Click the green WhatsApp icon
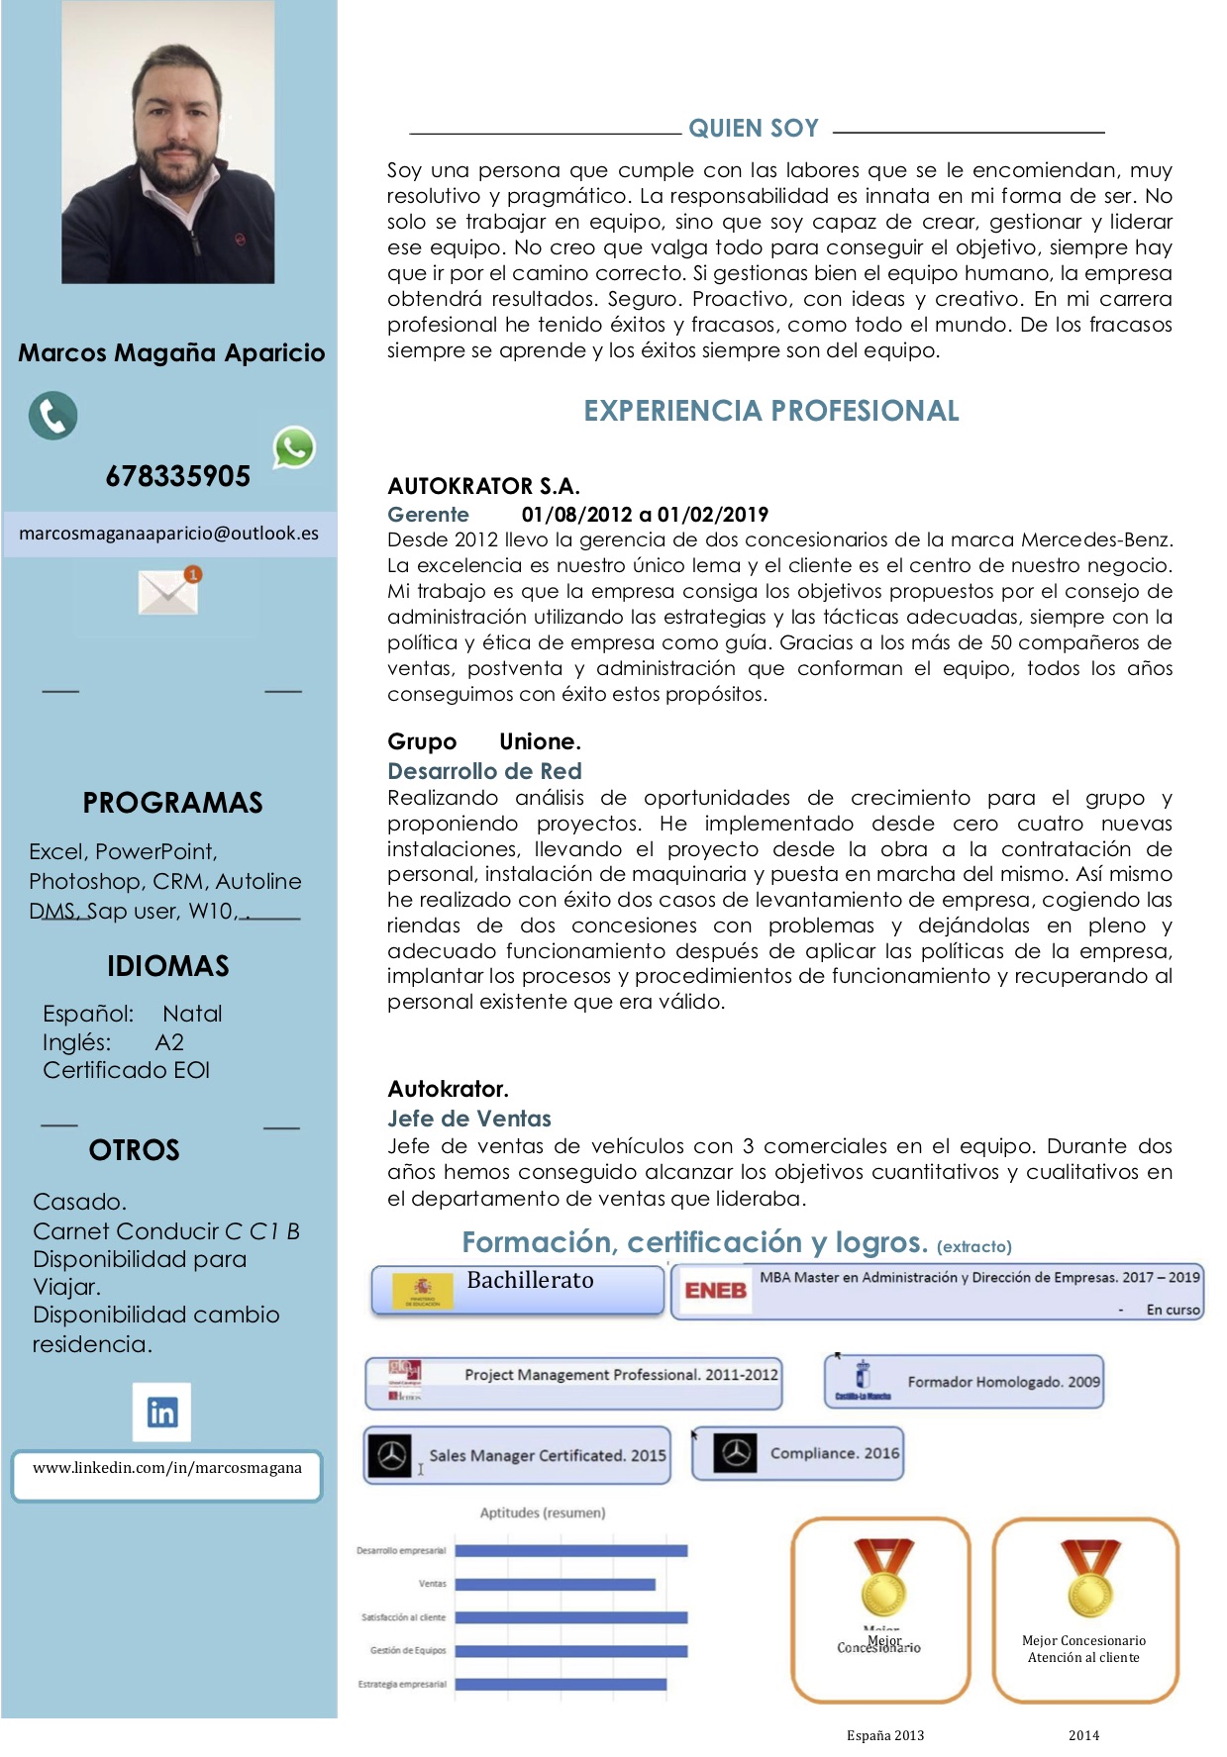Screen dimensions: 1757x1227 coord(294,447)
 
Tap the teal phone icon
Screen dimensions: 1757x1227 coord(52,416)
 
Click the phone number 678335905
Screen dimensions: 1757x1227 coord(178,476)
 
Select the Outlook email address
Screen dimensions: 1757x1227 coord(168,534)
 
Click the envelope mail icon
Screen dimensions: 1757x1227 coord(168,591)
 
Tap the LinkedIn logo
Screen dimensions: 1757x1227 coord(161,1412)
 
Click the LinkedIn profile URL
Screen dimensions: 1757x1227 coord(167,1468)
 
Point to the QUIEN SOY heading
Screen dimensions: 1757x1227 coord(754,129)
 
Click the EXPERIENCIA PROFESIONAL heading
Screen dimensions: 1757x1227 coord(770,411)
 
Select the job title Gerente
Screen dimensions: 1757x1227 coord(428,515)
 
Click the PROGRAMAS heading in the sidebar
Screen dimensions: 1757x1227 coord(172,803)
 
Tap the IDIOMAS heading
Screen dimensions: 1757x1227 coord(168,966)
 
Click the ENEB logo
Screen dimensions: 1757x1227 coord(715,1291)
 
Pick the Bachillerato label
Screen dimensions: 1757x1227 coord(530,1280)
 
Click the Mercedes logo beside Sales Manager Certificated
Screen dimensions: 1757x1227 coord(392,1456)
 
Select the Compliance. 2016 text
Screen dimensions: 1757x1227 coord(835,1453)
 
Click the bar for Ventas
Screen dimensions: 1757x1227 coord(555,1585)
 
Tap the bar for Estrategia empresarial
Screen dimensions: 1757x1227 coord(561,1684)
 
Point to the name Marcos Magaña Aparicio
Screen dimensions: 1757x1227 coord(171,353)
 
